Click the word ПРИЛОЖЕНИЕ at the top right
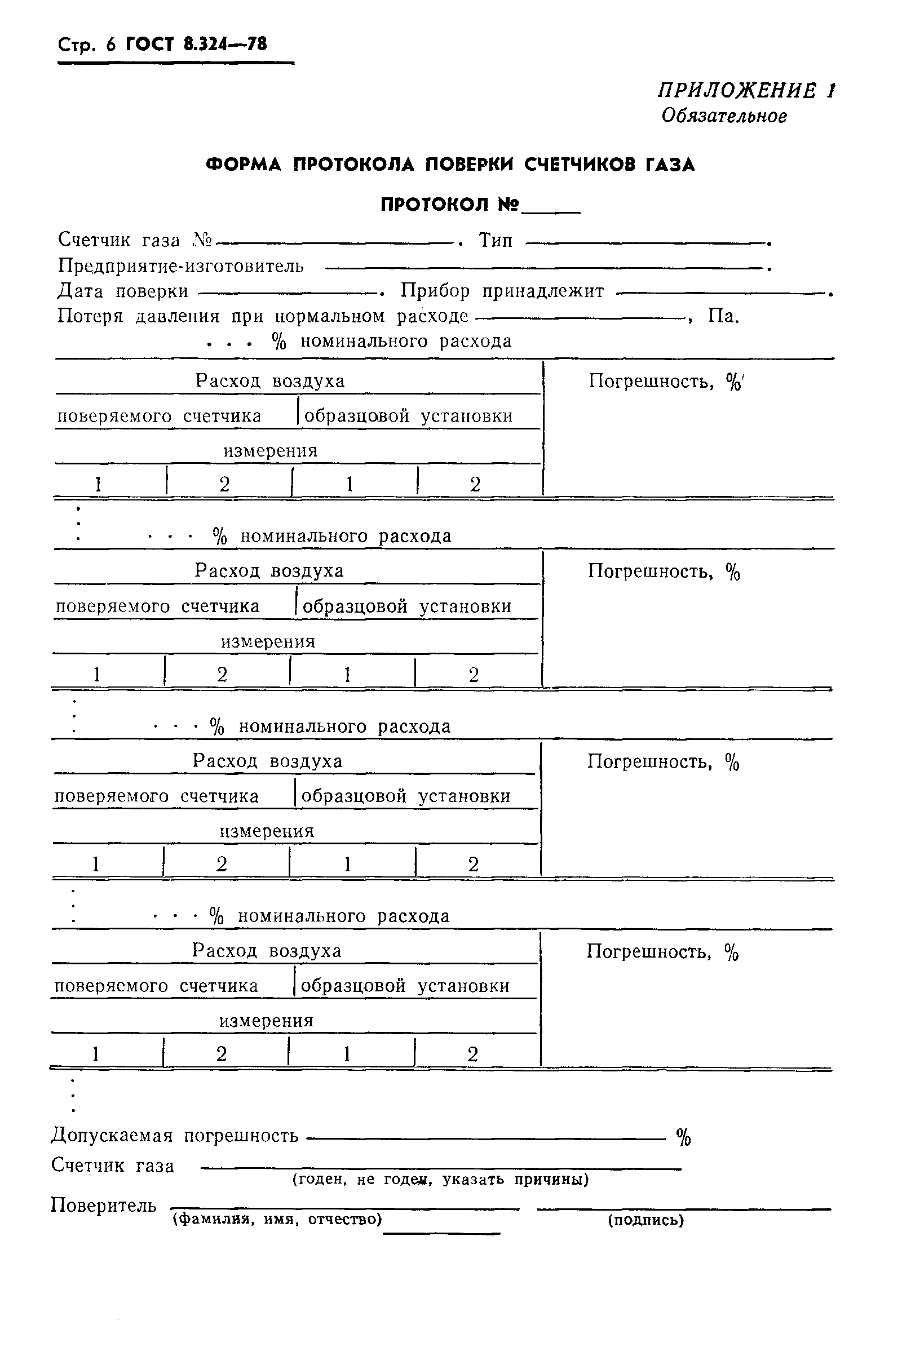tap(737, 91)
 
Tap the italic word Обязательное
tap(724, 116)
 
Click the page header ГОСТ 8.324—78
tap(196, 45)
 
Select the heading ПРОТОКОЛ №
tap(450, 204)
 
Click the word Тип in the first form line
tap(496, 240)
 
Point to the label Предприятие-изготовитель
tap(180, 266)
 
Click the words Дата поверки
tap(123, 291)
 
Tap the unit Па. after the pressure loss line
tap(723, 316)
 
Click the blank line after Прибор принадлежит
tap(722, 294)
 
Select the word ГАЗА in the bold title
tap(670, 165)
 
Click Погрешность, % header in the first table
tap(665, 382)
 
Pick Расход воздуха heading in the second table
tap(269, 570)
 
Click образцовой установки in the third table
tap(405, 796)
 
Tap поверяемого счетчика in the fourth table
tap(156, 986)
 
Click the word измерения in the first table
tap(271, 450)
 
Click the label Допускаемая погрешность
tap(175, 1135)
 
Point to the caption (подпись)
tap(645, 1220)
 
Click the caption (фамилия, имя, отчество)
tap(277, 1219)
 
